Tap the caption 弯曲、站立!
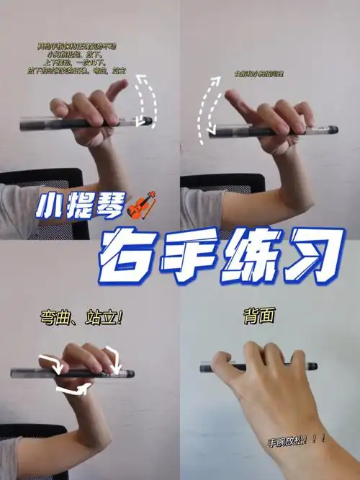(80, 318)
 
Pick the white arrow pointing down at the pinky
(113, 355)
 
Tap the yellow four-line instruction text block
(81, 58)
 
